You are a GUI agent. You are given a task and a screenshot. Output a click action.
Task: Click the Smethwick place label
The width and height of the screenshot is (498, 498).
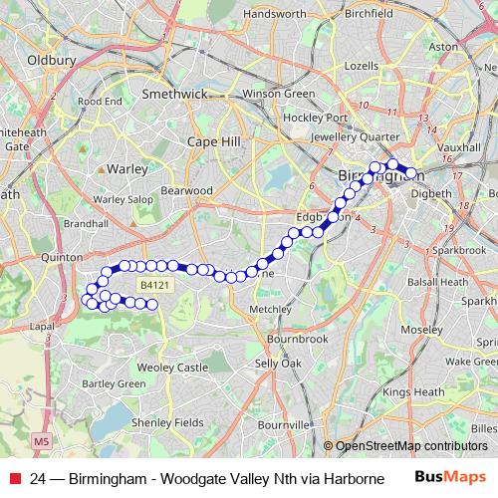coord(173,94)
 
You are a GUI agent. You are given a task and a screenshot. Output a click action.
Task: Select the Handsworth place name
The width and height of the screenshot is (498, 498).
coord(275,15)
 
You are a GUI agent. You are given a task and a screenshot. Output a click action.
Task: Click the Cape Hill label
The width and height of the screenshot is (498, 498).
coord(214,142)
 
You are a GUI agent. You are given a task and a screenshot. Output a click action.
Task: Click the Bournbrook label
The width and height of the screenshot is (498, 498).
coord(297,339)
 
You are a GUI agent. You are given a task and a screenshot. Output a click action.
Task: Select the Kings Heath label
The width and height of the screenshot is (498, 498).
coord(412,392)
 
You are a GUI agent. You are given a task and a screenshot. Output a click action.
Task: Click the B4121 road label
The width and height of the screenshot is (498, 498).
coord(150,285)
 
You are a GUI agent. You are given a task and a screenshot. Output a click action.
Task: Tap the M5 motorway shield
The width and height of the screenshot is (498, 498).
coord(41,440)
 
